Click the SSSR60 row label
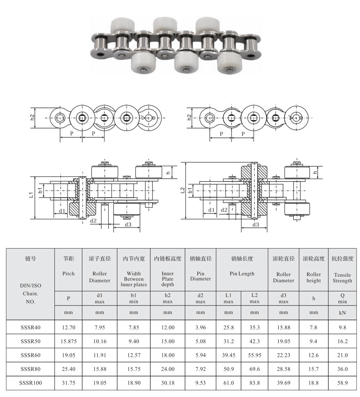[30, 355]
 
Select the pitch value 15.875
[68, 341]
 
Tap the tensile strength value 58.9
[342, 383]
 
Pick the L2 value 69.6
[254, 369]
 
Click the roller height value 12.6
[313, 355]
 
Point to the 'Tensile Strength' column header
[342, 278]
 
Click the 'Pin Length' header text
[242, 274]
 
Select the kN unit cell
[342, 313]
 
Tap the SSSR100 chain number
[30, 383]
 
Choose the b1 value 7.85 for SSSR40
[134, 327]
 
